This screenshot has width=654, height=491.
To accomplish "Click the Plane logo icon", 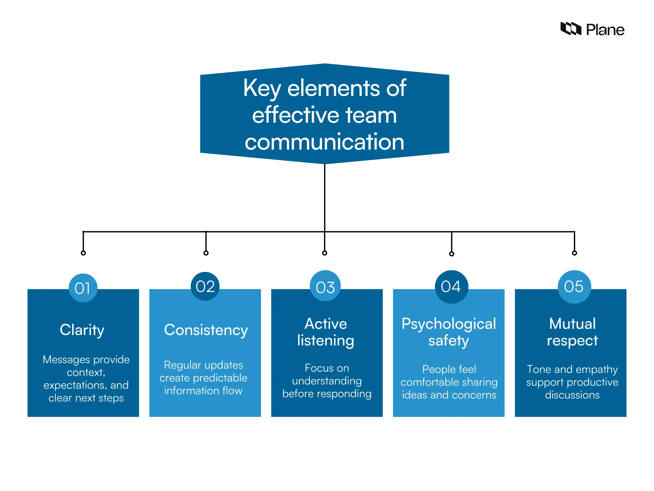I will click(x=571, y=29).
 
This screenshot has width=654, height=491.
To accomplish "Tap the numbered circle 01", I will click(x=83, y=288).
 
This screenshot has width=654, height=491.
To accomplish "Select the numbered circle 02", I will click(x=205, y=286).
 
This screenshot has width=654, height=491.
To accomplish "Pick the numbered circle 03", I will click(x=325, y=286).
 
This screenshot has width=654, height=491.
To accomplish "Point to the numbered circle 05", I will click(x=574, y=286).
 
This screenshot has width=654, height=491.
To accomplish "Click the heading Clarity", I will click(x=82, y=330).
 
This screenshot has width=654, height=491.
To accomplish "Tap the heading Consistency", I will click(x=206, y=330).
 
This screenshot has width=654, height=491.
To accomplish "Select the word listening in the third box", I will click(x=326, y=340).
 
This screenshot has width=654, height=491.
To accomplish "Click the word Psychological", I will click(x=449, y=324).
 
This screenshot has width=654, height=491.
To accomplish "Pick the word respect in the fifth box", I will click(x=572, y=340).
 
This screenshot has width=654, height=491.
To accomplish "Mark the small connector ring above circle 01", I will click(x=83, y=253).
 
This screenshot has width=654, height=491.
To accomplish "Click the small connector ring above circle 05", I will click(x=574, y=253).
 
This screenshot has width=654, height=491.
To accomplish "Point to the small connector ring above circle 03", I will click(x=325, y=253).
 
